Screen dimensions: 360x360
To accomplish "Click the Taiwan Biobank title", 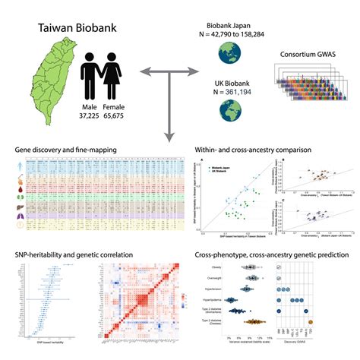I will coord(78,30).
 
